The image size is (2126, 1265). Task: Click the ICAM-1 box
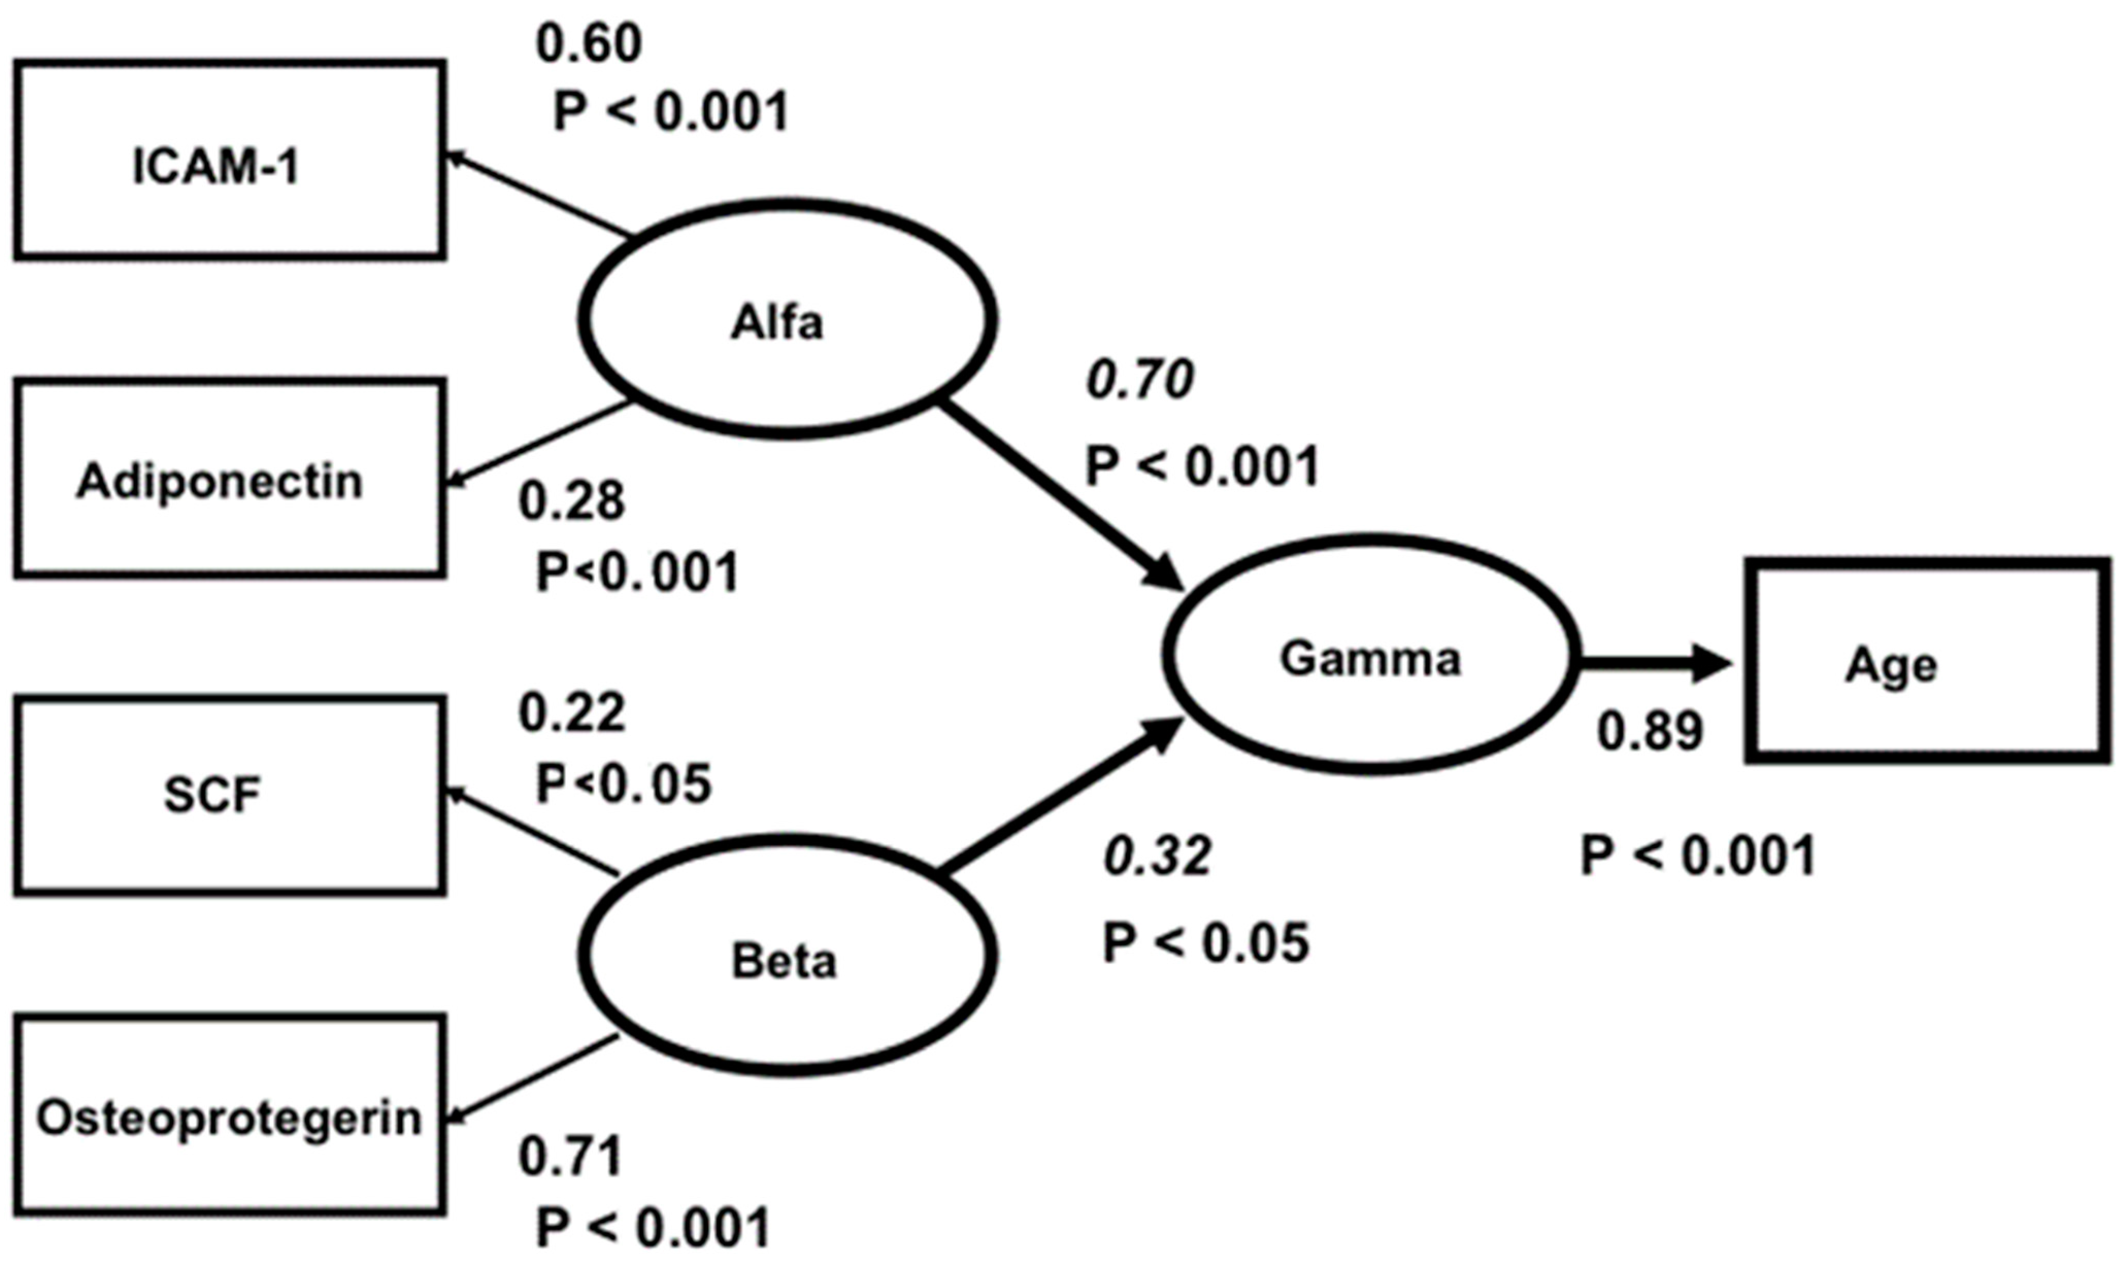(228, 160)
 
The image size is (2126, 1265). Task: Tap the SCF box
(228, 795)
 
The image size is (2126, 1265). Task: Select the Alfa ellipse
(786, 319)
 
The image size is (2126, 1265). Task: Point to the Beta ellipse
(786, 955)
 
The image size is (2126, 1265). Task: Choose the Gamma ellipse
(1370, 655)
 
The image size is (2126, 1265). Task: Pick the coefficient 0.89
(1649, 731)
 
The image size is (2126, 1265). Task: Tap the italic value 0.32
(1157, 857)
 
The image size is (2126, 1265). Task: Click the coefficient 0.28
(571, 501)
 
